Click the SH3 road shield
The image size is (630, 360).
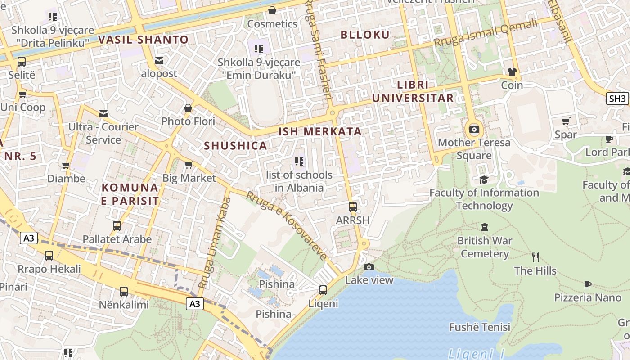point(617,99)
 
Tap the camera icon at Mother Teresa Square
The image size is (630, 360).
point(474,130)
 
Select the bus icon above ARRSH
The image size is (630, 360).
point(353,207)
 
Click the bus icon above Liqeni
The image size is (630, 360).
point(323,290)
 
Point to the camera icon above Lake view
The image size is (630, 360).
point(369,267)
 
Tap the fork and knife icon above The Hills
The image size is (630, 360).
point(535,257)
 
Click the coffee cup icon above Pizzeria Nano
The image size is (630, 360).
point(587,284)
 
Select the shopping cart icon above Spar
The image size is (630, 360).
point(566,121)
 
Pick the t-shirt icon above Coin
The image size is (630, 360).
point(512,72)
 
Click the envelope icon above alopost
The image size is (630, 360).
point(159,60)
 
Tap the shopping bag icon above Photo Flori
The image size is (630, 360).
point(188,108)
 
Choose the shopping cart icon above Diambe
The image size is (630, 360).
point(66,166)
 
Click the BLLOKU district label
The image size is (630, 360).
point(365,35)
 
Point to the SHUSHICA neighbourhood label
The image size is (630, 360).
point(235,146)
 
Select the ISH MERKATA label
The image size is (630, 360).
point(320,131)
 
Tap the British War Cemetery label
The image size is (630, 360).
point(485,247)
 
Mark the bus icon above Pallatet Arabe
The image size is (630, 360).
point(117,225)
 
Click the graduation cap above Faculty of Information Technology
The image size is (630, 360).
point(484,180)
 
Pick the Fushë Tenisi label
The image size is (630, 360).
point(480,327)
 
